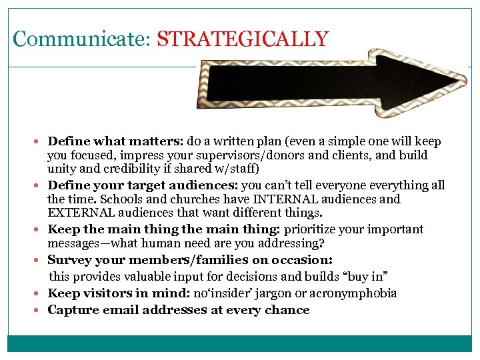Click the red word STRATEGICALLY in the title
[x=243, y=39]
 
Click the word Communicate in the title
[x=82, y=39]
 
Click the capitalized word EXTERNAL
[x=79, y=213]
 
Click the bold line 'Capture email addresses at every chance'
[x=179, y=310]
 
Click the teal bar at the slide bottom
[x=240, y=343]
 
